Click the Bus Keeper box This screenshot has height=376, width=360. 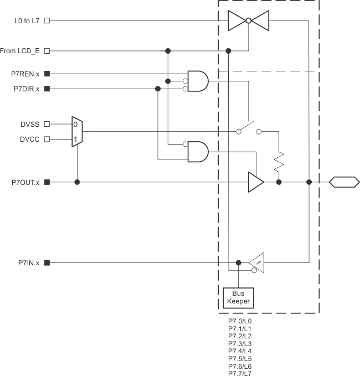pyautogui.click(x=238, y=297)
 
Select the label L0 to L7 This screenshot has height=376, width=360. pyautogui.click(x=27, y=21)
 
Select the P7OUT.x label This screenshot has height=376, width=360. pyautogui.click(x=25, y=182)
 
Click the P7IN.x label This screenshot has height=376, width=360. pyautogui.click(x=28, y=263)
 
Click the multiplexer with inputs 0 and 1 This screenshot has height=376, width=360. pyautogui.click(x=76, y=131)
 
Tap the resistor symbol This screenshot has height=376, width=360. pyautogui.click(x=279, y=161)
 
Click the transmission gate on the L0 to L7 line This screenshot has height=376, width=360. pyautogui.click(x=249, y=21)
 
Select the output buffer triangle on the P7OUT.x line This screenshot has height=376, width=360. pyautogui.click(x=255, y=182)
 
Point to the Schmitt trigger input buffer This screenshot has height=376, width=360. pyautogui.click(x=256, y=263)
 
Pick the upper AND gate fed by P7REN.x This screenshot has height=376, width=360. pyautogui.click(x=198, y=81)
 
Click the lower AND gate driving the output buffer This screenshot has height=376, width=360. pyautogui.click(x=198, y=151)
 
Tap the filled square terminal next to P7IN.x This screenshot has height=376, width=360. pyautogui.click(x=47, y=263)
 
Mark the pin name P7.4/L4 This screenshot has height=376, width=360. pyautogui.click(x=240, y=351)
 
